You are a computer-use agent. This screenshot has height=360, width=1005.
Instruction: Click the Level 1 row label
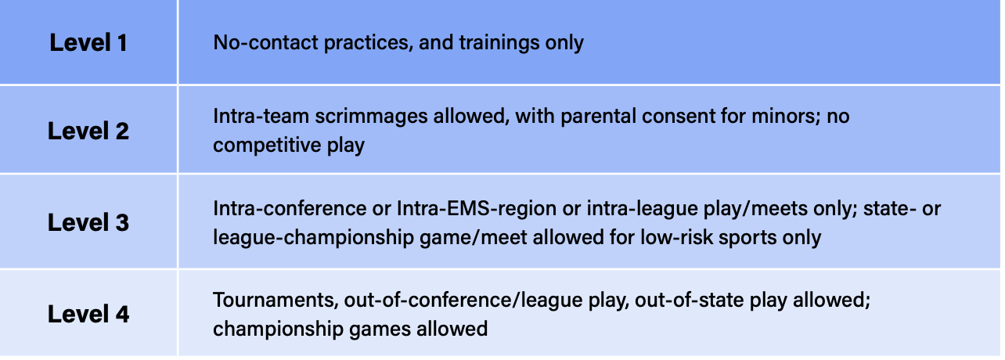(88, 42)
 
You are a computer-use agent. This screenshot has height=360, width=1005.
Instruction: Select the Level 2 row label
(88, 131)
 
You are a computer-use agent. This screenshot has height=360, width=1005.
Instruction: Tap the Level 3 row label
(88, 222)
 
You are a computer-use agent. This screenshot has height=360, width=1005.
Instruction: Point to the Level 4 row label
(88, 314)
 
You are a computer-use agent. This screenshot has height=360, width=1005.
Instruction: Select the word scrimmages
(370, 117)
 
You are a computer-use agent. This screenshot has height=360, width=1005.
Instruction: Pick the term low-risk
(676, 237)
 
